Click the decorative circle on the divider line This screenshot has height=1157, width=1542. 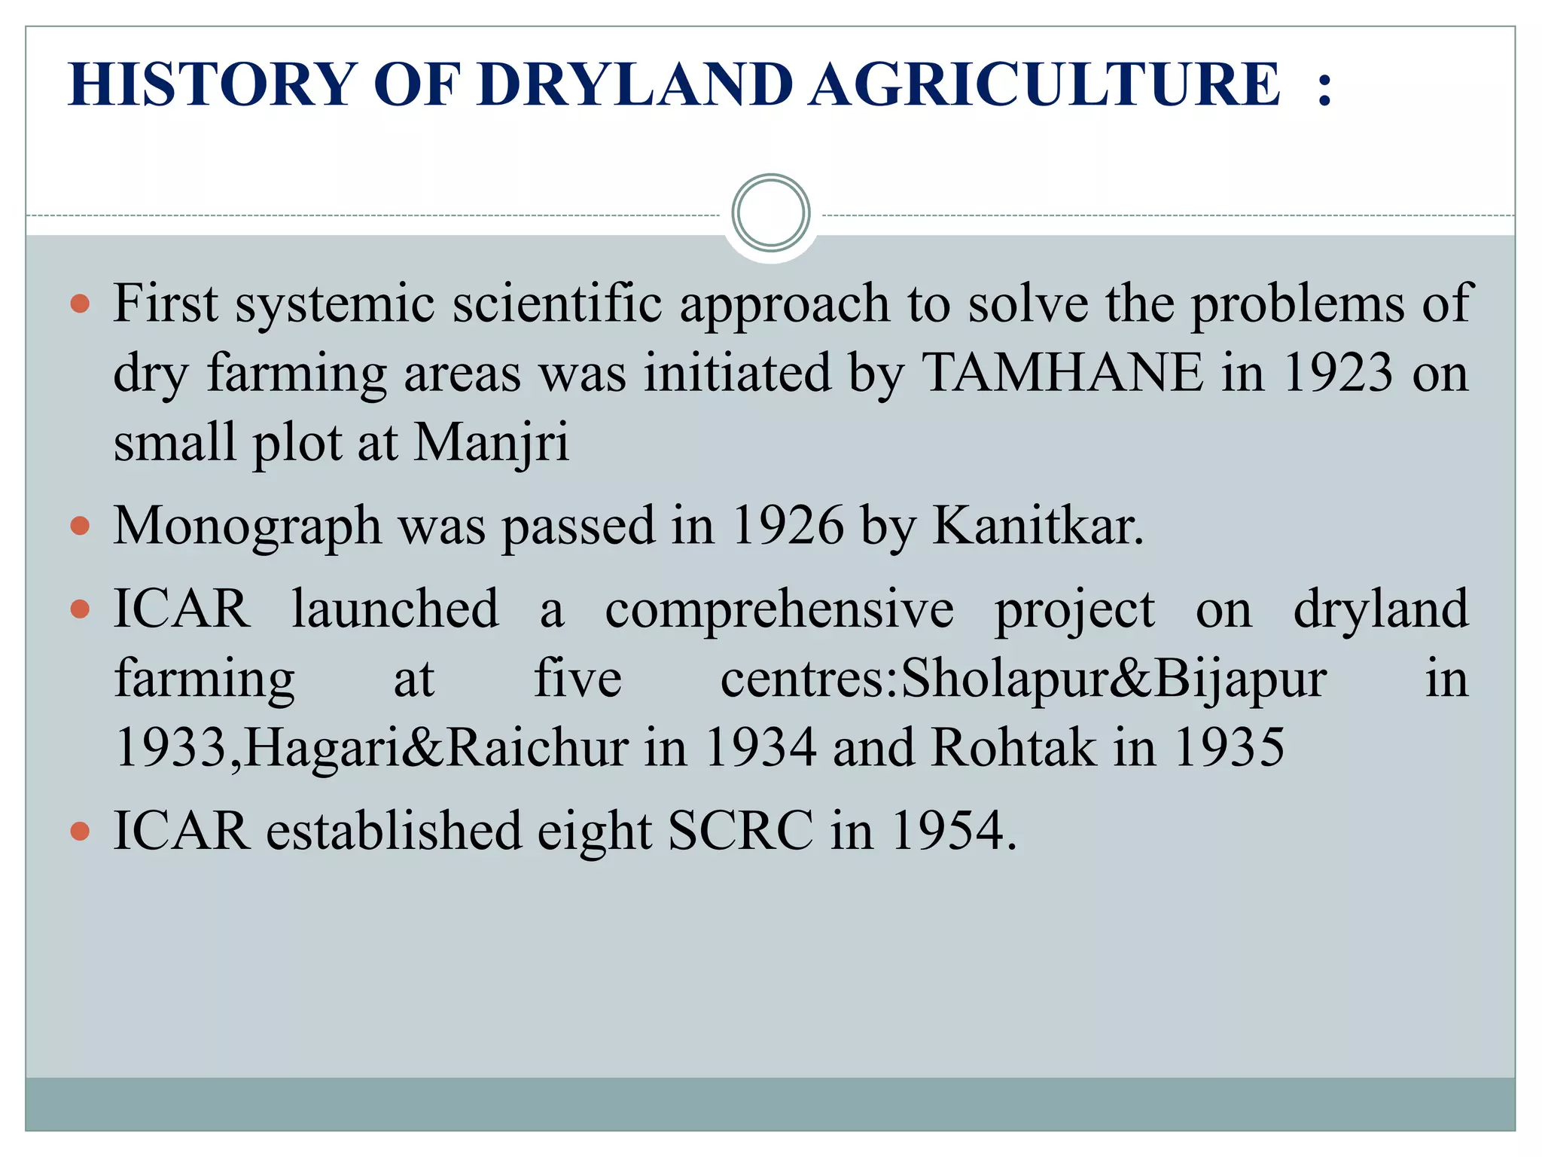[x=770, y=213]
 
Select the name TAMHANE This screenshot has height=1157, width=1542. [x=1063, y=372]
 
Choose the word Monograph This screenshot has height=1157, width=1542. [x=247, y=526]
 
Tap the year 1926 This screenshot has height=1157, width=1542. [x=787, y=526]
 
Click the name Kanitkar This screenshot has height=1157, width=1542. [x=1038, y=526]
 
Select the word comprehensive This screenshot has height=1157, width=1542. [x=779, y=609]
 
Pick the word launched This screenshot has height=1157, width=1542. [x=395, y=609]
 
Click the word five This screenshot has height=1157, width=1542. [x=577, y=679]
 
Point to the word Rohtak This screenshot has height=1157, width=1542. [x=1013, y=748]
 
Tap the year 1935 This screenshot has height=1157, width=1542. [x=1229, y=748]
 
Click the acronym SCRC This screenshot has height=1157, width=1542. [x=740, y=831]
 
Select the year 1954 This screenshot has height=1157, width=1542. [x=952, y=831]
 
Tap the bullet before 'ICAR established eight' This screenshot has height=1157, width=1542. [x=80, y=831]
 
